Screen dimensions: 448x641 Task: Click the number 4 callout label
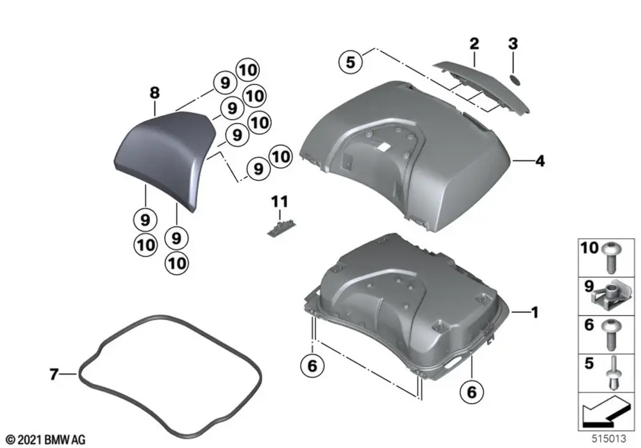tap(540, 162)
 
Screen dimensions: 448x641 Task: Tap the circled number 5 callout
tap(350, 62)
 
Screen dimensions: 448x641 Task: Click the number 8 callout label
tap(154, 93)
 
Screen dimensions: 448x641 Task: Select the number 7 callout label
tap(54, 373)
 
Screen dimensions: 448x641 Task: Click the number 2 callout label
tap(474, 44)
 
